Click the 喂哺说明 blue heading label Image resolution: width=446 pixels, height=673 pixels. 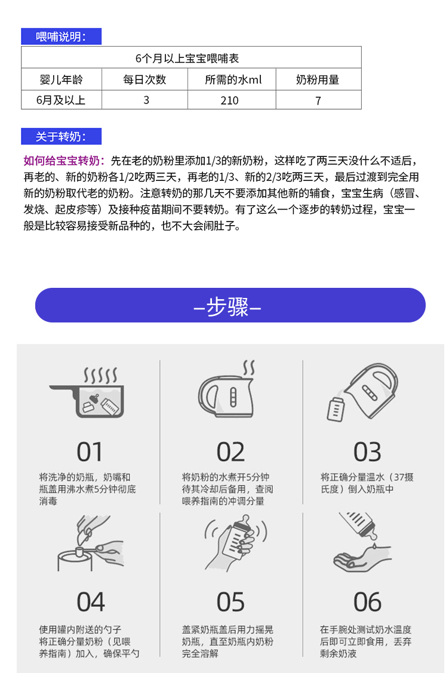click(61, 36)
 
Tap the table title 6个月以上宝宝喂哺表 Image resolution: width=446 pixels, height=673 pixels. click(187, 58)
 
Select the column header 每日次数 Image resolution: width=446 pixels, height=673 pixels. click(144, 79)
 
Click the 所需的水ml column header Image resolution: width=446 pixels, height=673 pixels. click(233, 79)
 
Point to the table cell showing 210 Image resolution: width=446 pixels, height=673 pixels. click(230, 100)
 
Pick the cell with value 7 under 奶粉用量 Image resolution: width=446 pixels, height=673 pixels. click(318, 101)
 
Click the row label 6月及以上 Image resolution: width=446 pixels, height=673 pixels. click(61, 100)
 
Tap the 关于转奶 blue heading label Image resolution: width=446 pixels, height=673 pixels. click(61, 137)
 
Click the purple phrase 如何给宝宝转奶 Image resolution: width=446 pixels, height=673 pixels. click(64, 161)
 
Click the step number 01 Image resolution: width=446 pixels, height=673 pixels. click(90, 452)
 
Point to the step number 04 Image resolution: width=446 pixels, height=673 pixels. click(91, 602)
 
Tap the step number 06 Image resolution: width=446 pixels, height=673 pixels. click(367, 602)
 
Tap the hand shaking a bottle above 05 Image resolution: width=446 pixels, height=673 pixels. click(235, 542)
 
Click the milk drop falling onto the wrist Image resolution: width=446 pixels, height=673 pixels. click(374, 546)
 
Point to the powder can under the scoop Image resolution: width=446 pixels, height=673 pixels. click(75, 561)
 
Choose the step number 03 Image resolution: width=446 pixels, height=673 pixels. click(367, 452)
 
